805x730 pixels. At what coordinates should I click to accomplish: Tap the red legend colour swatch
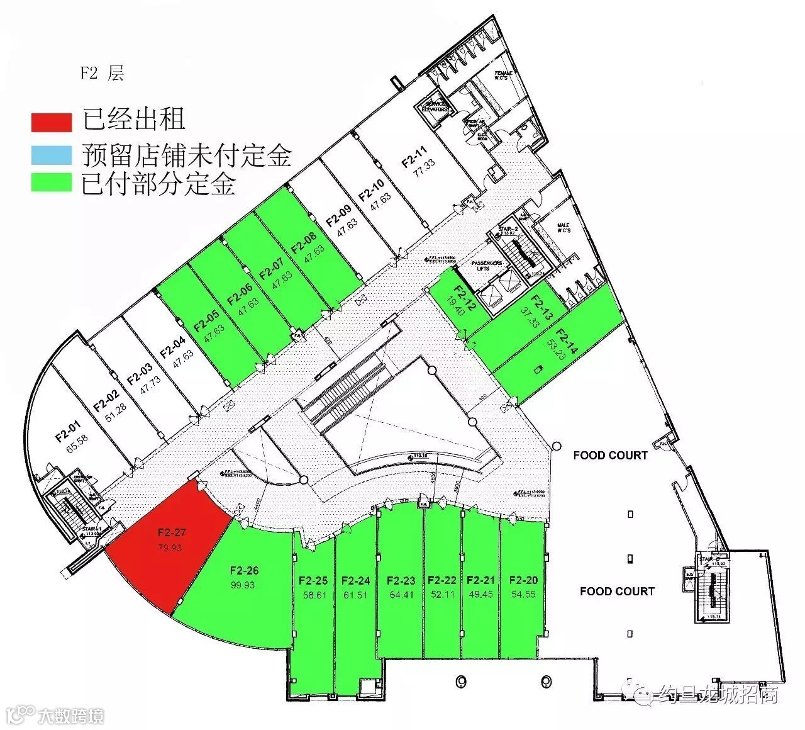[52, 121]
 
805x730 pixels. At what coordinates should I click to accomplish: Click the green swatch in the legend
[52, 182]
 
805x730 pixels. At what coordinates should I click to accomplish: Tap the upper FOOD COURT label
[610, 455]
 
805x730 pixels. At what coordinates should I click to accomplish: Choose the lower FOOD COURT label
[617, 591]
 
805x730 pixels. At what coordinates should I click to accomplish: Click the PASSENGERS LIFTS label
[487, 265]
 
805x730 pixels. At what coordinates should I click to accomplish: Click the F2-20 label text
[523, 580]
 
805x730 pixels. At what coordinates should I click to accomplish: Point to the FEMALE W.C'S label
[504, 76]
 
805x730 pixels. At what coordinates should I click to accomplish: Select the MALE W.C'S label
[563, 228]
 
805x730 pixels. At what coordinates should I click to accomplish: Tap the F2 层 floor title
[101, 73]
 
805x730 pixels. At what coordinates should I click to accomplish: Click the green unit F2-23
[401, 585]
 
